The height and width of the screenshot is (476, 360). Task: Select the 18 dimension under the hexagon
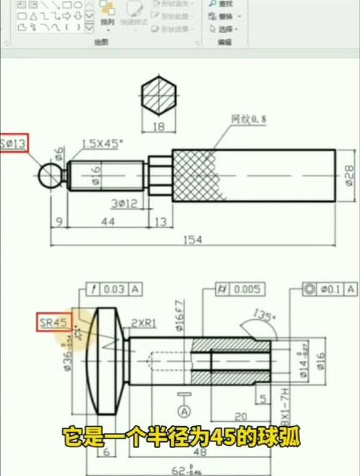click(158, 127)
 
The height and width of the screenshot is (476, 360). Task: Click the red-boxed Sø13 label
click(14, 144)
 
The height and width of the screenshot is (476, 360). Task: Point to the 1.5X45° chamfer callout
click(102, 143)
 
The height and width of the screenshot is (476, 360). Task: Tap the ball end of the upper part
click(51, 174)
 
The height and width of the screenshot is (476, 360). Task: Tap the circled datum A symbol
click(184, 411)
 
